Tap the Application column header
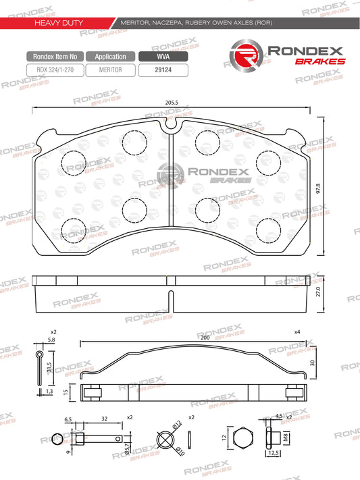111,57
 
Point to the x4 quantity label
297,332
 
